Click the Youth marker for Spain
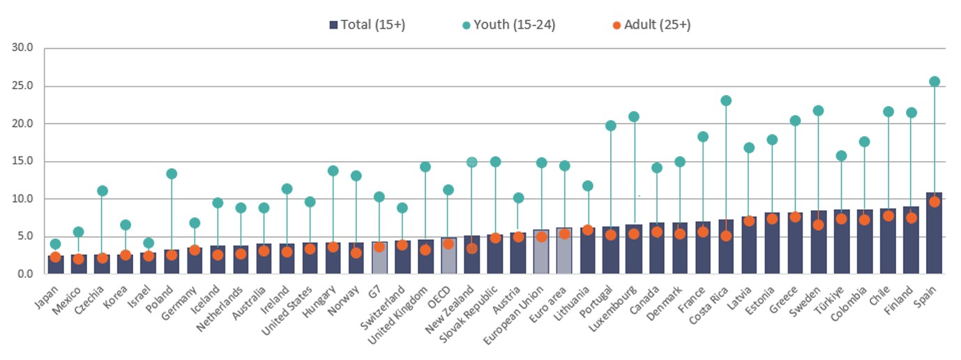(934, 82)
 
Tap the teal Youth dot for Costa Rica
(726, 100)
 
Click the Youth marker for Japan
(55, 244)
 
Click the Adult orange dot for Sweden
(818, 225)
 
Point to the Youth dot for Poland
(171, 174)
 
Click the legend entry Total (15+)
(367, 25)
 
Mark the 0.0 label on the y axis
(26, 274)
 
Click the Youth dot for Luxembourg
(633, 117)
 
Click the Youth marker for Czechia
(102, 190)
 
